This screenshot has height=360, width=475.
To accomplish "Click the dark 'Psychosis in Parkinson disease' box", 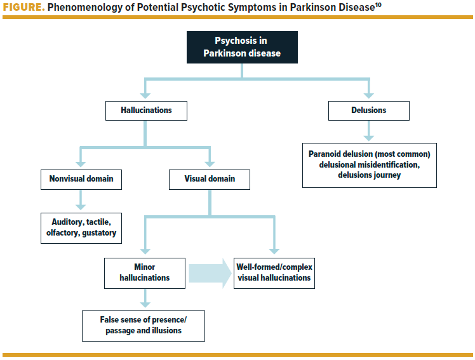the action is pyautogui.click(x=242, y=47).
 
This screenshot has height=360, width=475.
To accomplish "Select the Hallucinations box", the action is pyautogui.click(x=146, y=111).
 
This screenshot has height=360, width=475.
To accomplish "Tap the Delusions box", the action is pyautogui.click(x=369, y=111).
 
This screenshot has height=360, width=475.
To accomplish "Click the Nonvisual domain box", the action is pyautogui.click(x=81, y=180).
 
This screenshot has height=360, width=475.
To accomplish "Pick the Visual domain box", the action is pyautogui.click(x=210, y=180).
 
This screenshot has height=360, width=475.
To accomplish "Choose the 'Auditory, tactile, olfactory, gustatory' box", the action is pyautogui.click(x=81, y=228).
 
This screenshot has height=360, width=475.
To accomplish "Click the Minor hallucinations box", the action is pyautogui.click(x=145, y=273).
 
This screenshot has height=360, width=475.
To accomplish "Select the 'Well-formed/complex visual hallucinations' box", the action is pyautogui.click(x=274, y=273).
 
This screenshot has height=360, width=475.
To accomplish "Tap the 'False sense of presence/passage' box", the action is pyautogui.click(x=144, y=326).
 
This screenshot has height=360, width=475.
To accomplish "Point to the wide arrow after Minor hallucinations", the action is pyautogui.click(x=210, y=274).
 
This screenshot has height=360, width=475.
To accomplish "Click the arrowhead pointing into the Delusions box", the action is pyautogui.click(x=369, y=96).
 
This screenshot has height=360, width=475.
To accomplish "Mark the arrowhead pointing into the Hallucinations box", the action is pyautogui.click(x=145, y=96).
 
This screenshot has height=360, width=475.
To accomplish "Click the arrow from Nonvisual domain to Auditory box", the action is pyautogui.click(x=81, y=200).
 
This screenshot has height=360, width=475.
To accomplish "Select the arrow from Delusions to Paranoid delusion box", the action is pyautogui.click(x=369, y=131).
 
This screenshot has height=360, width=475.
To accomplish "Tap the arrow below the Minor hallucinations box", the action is pyautogui.click(x=145, y=298).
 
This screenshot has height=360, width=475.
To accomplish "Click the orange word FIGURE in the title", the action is pyautogui.click(x=24, y=7).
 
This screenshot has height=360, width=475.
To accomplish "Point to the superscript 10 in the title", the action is pyautogui.click(x=378, y=4).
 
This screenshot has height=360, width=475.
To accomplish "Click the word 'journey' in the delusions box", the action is pyautogui.click(x=385, y=175).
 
